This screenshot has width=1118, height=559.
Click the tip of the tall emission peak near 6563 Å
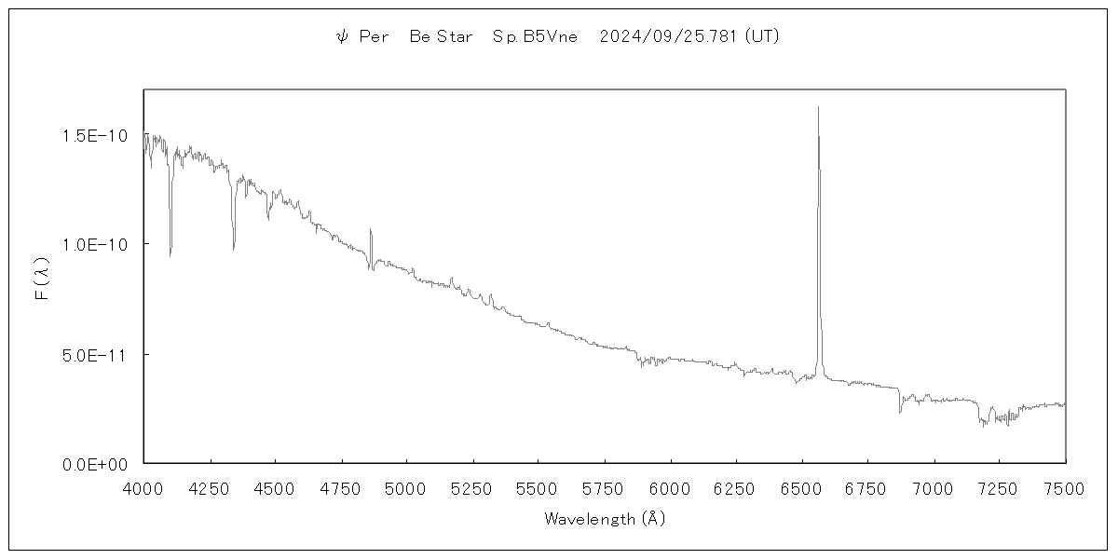(818, 107)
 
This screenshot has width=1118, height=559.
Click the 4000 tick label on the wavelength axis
(143, 488)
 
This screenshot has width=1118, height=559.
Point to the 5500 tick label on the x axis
(539, 488)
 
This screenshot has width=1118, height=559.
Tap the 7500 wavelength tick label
(1065, 488)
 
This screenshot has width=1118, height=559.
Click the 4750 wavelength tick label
(341, 488)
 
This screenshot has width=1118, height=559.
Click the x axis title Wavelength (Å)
(605, 519)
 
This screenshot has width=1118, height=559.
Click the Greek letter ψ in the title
(341, 37)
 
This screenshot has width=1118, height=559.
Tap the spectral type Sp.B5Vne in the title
(535, 37)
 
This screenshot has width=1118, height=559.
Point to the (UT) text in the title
(762, 37)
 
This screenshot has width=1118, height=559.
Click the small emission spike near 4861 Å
(370, 229)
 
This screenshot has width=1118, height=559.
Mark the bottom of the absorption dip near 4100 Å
(170, 255)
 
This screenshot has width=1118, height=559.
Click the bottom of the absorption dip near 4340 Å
(234, 249)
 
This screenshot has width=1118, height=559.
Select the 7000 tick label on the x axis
(934, 488)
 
